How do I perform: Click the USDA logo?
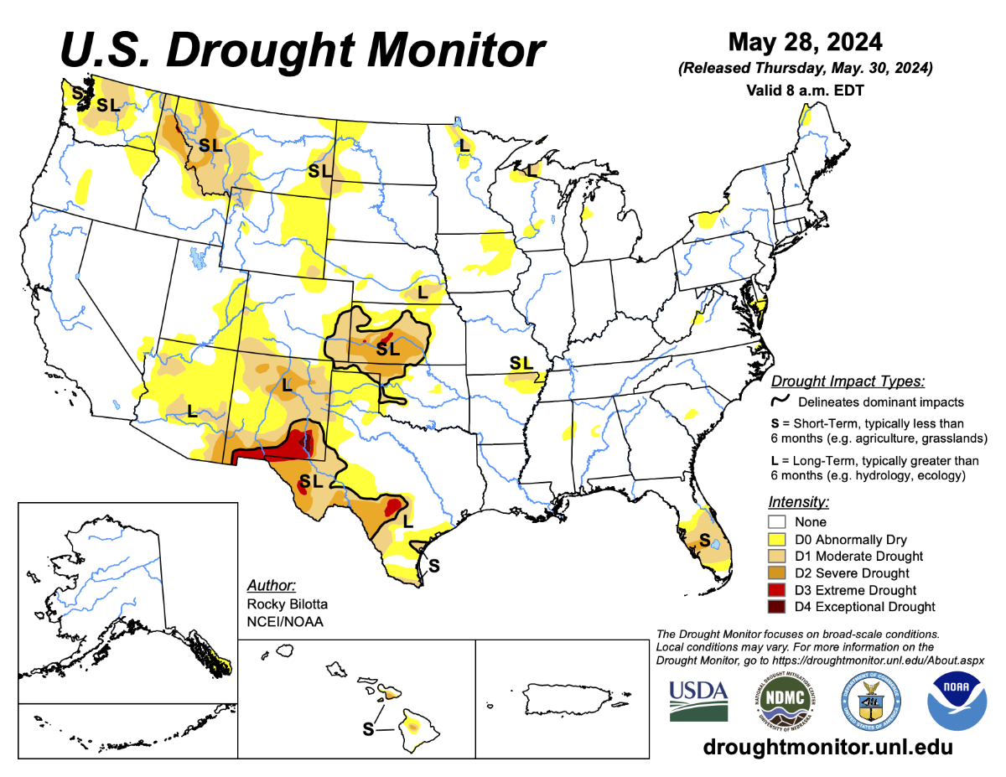pos(698,699)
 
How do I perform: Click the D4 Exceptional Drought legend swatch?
pos(775,607)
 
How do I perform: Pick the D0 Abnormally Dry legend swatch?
pos(775,539)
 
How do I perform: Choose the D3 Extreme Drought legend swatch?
pos(775,590)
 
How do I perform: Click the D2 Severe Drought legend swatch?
pos(775,573)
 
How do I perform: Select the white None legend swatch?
pos(775,521)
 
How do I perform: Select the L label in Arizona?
pos(192,411)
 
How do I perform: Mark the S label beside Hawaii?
pos(367,729)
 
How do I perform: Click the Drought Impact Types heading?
pos(848,381)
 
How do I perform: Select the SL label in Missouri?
pos(521,363)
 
